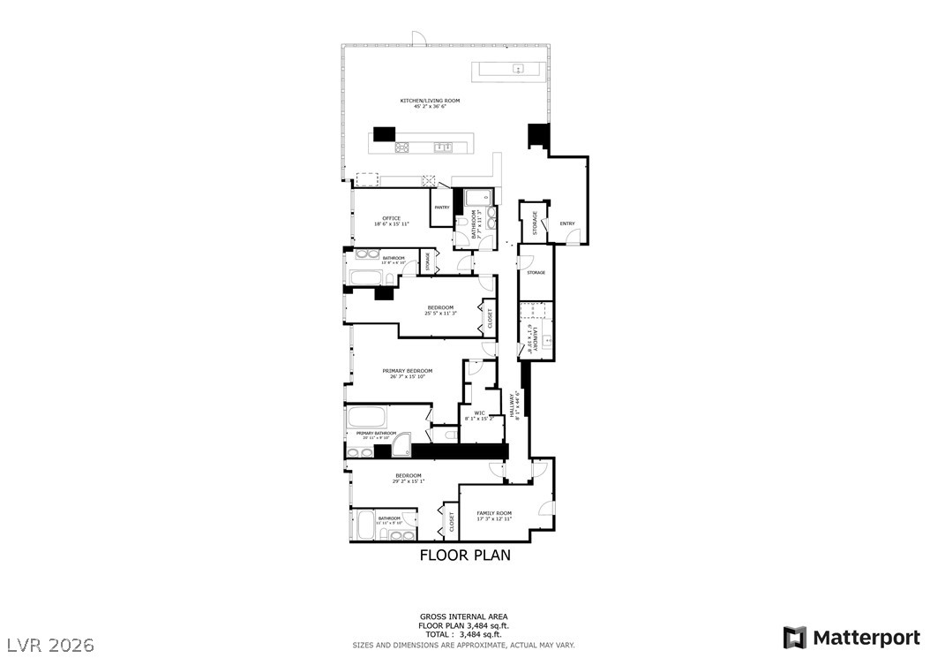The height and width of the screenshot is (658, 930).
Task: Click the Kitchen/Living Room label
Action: [x=430, y=101]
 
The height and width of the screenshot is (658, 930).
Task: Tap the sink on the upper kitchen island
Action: [x=518, y=69]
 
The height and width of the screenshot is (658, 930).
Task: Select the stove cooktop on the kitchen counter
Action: [x=402, y=147]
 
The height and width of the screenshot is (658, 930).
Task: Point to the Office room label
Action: [x=391, y=218]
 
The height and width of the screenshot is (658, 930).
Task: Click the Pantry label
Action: [x=442, y=208]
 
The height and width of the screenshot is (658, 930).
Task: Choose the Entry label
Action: [x=566, y=223]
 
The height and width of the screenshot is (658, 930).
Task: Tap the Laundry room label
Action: [x=530, y=340]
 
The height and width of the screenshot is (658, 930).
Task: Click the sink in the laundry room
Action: [x=547, y=340]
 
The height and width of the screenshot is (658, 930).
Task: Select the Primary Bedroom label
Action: [x=407, y=370]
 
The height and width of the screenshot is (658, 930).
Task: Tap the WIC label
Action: [x=479, y=412]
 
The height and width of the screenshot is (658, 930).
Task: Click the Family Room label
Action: [x=494, y=513]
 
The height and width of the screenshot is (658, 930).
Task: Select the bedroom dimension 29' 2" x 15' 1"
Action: [x=408, y=481]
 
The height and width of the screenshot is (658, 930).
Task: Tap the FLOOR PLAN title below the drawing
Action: [x=464, y=556]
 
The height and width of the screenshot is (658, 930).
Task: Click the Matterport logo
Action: [x=852, y=637]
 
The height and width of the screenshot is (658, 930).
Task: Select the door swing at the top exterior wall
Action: [x=420, y=39]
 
